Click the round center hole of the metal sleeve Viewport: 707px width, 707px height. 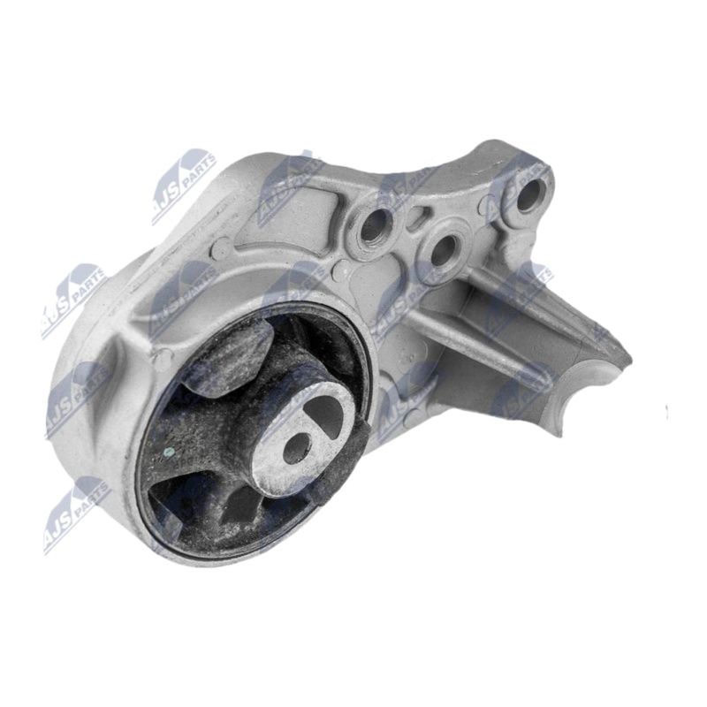coord(293,451)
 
